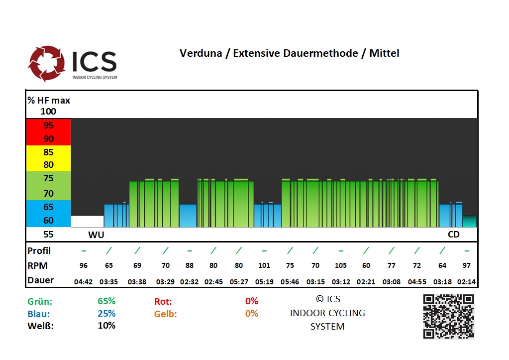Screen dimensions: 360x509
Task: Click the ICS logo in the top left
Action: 72,63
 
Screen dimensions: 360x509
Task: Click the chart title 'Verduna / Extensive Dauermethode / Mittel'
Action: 289,53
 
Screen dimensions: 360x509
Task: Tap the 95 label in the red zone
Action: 48,125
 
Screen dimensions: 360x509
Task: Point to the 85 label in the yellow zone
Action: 48,152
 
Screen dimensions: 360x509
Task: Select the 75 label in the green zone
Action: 48,178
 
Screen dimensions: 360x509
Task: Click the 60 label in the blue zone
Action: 48,220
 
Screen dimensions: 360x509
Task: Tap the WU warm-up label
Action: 96,234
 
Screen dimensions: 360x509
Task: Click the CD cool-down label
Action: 453,234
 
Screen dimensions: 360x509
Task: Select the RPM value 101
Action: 264,266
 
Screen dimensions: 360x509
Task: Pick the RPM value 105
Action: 341,266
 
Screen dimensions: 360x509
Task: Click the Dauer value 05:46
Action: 290,282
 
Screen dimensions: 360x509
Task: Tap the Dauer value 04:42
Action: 83,282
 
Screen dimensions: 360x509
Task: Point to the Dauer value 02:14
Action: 466,282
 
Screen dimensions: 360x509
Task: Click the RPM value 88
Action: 189,266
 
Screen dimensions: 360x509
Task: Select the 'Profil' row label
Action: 39,250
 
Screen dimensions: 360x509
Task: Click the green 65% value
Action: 106,301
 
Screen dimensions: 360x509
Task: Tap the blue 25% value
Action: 106,314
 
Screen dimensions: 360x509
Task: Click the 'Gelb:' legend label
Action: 166,314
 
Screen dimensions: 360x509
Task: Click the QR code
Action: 448,316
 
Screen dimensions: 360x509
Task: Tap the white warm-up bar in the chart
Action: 88,221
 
